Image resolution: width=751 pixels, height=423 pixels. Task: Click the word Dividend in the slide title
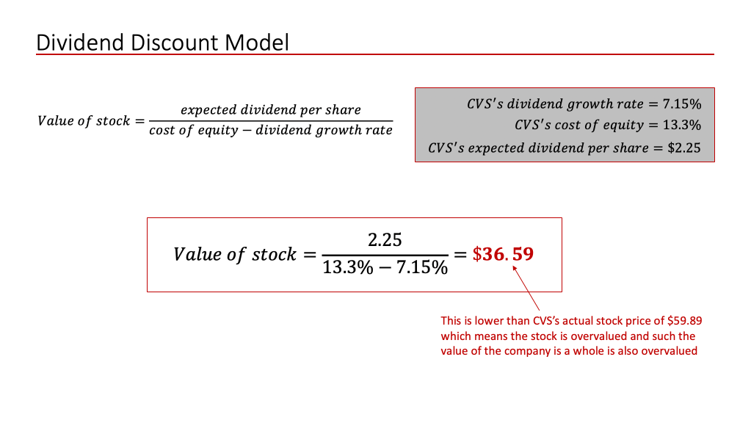80,42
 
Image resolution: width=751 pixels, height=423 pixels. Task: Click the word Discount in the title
174,42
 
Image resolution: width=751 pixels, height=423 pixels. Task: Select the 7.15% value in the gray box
682,104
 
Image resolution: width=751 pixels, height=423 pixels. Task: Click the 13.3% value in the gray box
682,125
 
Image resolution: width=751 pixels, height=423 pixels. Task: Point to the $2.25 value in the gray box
684,148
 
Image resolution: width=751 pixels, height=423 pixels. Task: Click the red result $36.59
503,254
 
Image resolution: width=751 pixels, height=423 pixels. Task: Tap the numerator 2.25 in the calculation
385,239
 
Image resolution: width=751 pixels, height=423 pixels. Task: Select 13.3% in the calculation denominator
348,267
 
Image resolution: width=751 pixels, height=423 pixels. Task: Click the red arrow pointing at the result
526,289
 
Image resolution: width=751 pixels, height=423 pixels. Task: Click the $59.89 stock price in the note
685,320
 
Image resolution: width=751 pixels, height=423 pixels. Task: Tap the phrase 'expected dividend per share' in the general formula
271,110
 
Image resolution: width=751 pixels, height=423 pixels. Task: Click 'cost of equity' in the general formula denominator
194,130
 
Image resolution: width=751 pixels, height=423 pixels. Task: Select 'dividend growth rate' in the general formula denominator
324,130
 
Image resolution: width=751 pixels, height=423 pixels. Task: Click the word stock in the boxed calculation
274,254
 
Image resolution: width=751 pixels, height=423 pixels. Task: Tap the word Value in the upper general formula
54,120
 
